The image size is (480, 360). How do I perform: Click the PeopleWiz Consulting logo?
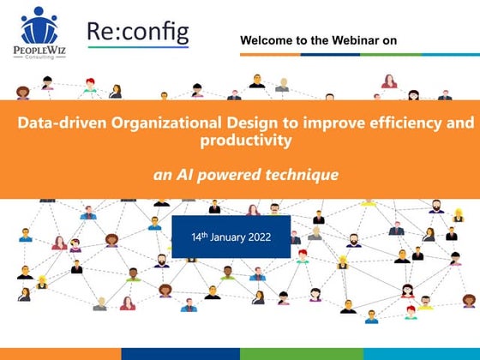(x=39, y=33)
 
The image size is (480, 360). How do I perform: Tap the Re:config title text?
(x=138, y=32)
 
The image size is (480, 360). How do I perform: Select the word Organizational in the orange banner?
(x=166, y=123)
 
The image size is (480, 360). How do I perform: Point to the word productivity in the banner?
(x=246, y=141)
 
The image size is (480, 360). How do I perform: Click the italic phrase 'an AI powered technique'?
(x=246, y=175)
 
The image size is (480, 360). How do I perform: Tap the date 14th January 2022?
(x=231, y=237)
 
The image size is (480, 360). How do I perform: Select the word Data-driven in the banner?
(x=62, y=123)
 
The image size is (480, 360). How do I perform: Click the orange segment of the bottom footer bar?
(x=61, y=354)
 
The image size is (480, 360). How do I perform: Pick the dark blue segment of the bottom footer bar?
(x=181, y=354)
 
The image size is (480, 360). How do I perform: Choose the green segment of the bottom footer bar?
(x=302, y=354)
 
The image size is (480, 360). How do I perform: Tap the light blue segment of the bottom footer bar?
(x=422, y=354)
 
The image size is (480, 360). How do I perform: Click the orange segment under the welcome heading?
(x=270, y=55)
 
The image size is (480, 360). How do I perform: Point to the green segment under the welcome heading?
(x=391, y=55)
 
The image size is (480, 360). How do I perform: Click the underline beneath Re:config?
(x=138, y=47)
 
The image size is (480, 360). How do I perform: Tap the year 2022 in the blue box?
(x=260, y=237)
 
